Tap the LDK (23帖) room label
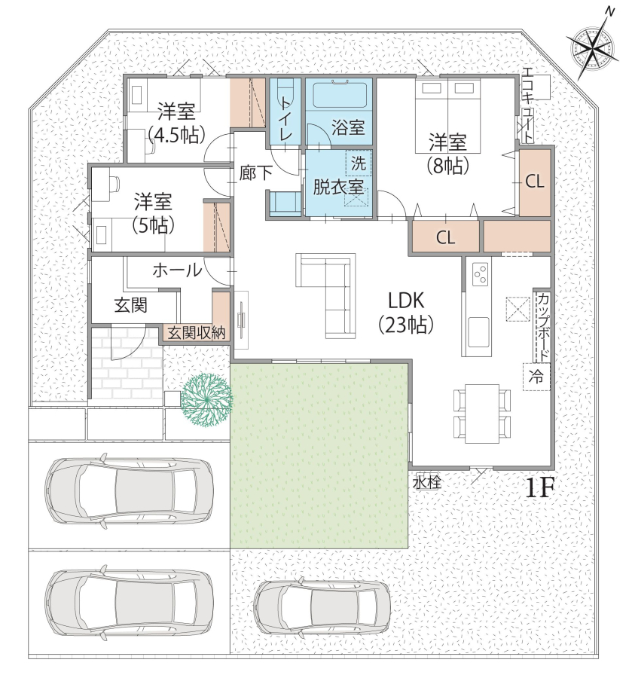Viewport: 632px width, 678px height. pos(406,312)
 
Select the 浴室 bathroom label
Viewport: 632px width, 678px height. pos(349,127)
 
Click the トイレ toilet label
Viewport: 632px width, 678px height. pos(285,118)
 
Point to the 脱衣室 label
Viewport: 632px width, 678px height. pos(338,188)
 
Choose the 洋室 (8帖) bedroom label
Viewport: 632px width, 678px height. pos(448,154)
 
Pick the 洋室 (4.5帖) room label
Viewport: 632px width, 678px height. pos(176,124)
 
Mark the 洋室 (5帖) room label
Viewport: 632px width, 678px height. pos(154,214)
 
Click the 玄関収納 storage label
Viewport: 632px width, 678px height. pos(197,334)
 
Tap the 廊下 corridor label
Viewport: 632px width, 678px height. pos(256,173)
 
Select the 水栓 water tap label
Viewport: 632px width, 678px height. pos(427,483)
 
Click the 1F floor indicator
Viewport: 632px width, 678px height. pos(540,488)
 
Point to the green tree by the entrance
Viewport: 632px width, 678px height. pos(206,401)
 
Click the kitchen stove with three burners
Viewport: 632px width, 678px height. pos(481,273)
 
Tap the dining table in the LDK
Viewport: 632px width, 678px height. pos(482,414)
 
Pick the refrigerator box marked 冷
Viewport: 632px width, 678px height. pos(536,377)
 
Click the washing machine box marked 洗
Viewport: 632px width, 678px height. pos(359,163)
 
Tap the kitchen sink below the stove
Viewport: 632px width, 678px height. pos(478,332)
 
